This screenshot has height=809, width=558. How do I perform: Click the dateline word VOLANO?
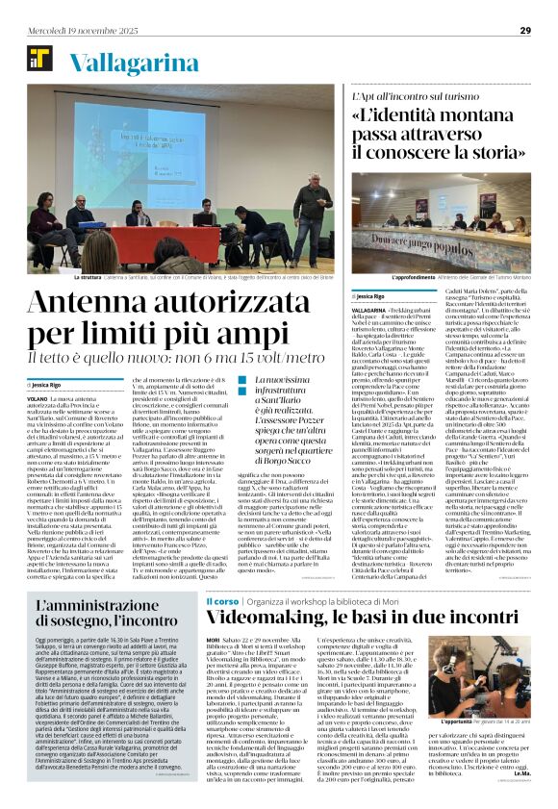click(38, 397)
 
